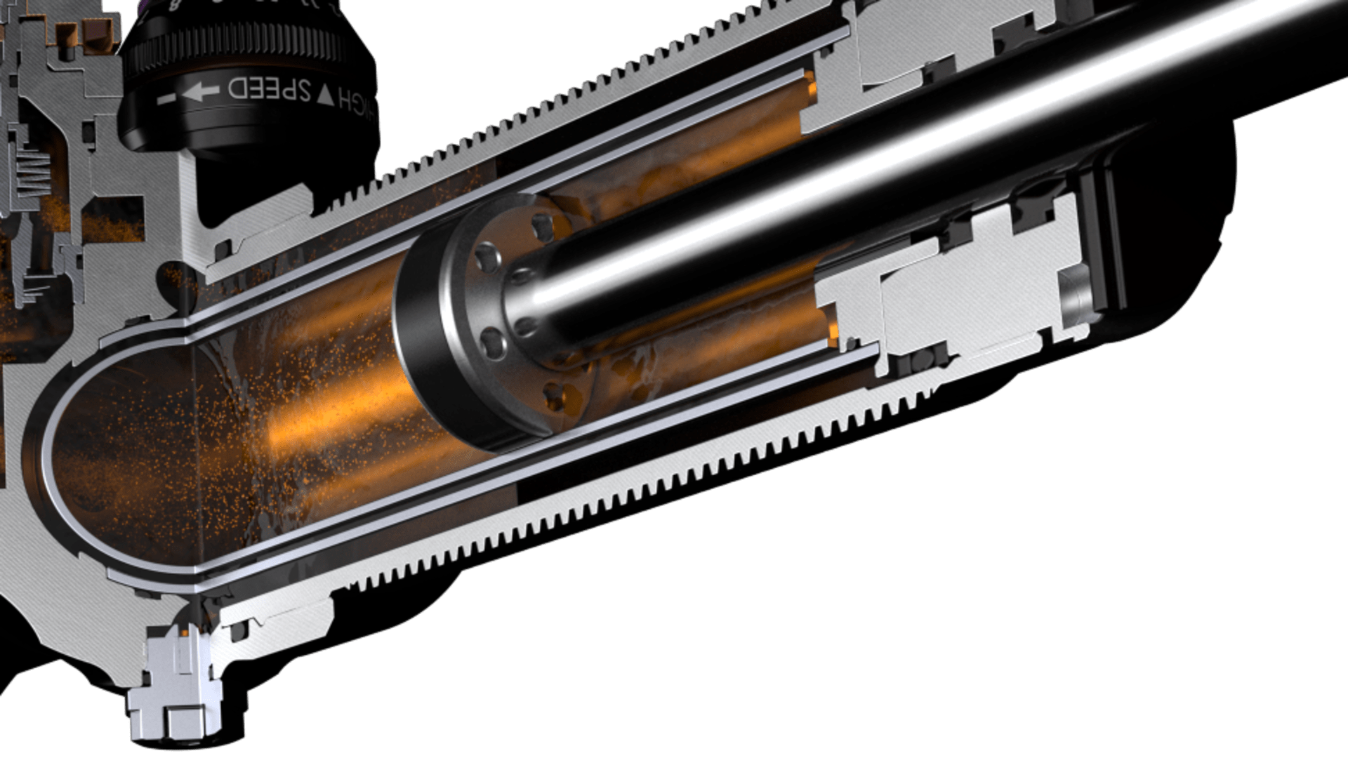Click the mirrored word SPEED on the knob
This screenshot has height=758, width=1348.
coord(260,89)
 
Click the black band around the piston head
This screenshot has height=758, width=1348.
coord(421,351)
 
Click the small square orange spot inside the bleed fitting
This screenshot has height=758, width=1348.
coord(183,636)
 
